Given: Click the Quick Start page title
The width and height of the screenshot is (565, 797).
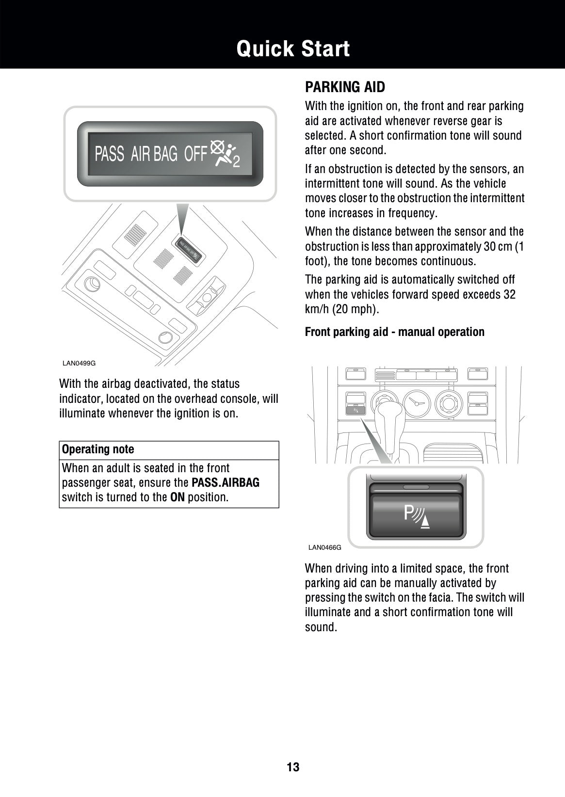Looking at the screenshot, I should coord(293,49).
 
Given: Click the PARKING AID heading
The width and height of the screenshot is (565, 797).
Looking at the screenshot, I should coord(345,87).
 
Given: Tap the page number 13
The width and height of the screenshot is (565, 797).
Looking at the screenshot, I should coord(293,767).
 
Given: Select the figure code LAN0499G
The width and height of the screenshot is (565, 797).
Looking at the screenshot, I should coord(79,363).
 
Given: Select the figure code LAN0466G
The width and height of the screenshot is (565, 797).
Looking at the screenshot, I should coord(324,547).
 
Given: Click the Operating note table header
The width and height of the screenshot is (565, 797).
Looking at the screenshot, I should coord(98,449).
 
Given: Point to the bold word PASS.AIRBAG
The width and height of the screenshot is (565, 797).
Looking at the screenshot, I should coord(226,483).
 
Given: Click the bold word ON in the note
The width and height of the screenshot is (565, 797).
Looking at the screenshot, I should coord(177,498).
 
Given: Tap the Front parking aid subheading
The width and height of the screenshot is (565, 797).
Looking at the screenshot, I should coord(394,332).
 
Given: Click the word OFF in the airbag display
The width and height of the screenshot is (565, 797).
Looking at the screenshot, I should coord(195,154).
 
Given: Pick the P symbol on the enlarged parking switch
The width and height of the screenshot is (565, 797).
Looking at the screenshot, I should coord(409,513).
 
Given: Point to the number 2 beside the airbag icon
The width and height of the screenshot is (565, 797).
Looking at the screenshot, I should coord(236,162).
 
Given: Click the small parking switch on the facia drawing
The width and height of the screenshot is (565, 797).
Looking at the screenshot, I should coord(355,410).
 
